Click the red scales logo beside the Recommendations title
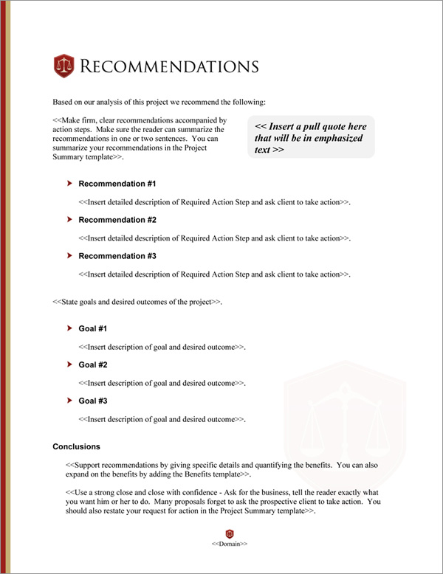[65, 66]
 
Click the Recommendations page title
[169, 66]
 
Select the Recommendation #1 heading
[117, 184]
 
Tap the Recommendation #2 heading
[117, 220]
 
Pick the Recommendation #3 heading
[117, 256]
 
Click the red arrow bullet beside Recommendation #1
[69, 183]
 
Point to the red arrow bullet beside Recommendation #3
[69, 255]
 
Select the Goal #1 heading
[93, 328]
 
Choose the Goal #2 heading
[93, 364]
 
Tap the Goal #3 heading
[93, 401]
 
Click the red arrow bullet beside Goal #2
[69, 364]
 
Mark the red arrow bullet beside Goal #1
[69, 328]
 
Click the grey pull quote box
[312, 137]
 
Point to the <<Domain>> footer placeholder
[230, 544]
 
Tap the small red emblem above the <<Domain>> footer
[230, 533]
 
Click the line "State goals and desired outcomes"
[137, 302]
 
